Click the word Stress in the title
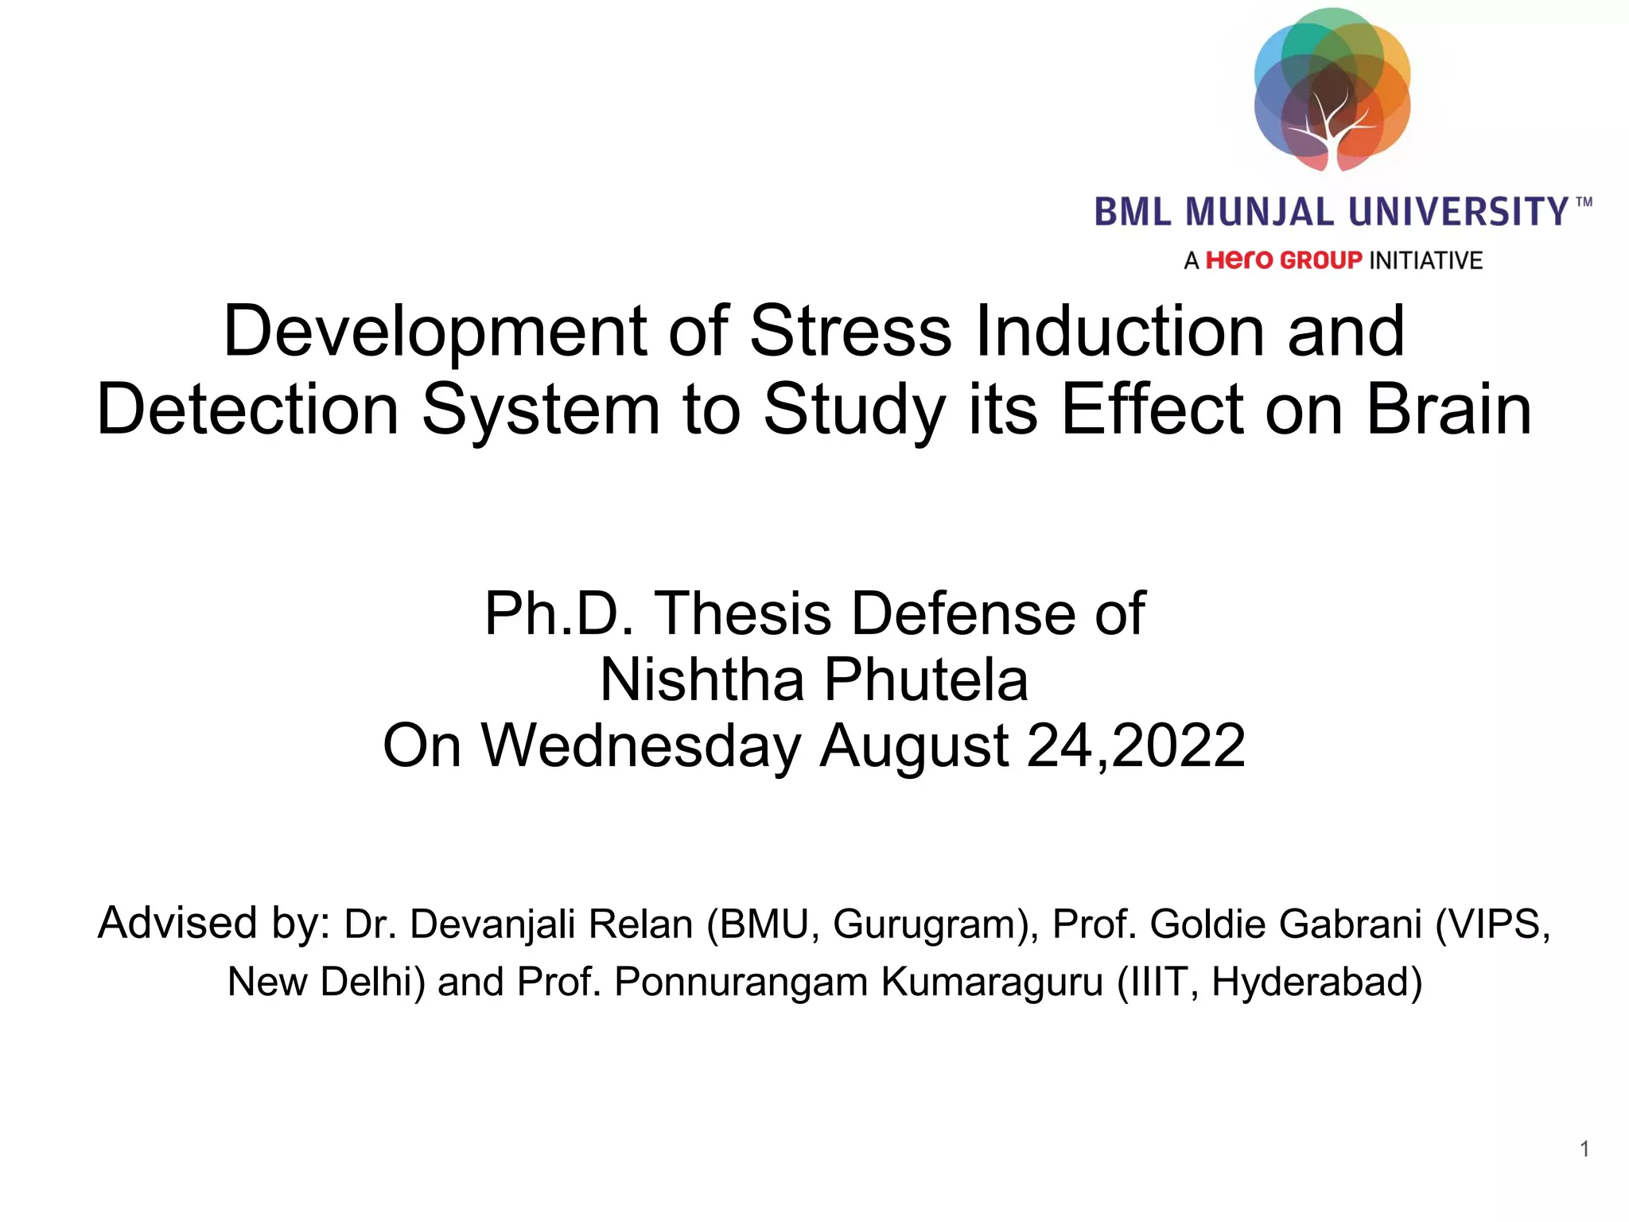pos(849,332)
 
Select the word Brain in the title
pos(1448,411)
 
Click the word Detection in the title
pos(247,411)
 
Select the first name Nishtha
pos(702,680)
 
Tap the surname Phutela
pos(926,680)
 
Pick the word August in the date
pos(914,746)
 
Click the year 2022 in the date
pos(1179,746)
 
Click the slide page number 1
pos(1584,1149)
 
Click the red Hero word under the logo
pos(1240,260)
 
